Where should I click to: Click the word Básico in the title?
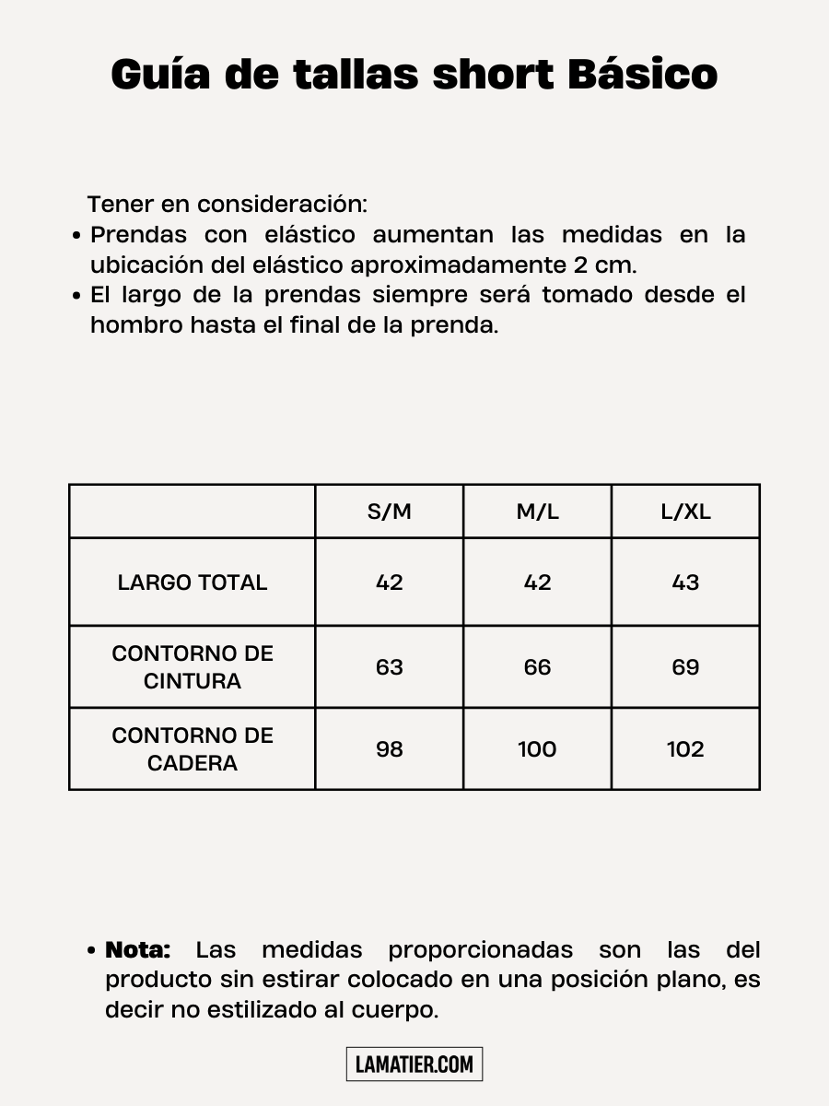(642, 74)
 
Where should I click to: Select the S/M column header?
(390, 512)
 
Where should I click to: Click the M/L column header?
(537, 512)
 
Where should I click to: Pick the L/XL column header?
(685, 512)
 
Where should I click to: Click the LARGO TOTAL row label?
(193, 582)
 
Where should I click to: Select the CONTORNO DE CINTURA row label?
(193, 667)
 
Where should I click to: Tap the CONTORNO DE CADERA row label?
(193, 749)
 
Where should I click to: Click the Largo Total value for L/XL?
(685, 582)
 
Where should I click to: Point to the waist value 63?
(390, 667)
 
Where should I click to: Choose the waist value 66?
(537, 667)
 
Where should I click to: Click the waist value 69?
(685, 667)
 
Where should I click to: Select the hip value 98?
(390, 749)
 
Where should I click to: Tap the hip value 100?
(537, 749)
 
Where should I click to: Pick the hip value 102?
(685, 749)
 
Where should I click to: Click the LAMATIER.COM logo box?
(414, 1065)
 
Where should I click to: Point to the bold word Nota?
(138, 949)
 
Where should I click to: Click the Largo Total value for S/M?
(390, 582)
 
